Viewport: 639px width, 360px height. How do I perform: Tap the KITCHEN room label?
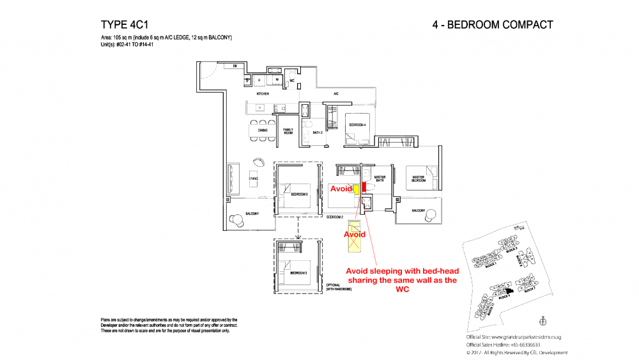[x=263, y=94]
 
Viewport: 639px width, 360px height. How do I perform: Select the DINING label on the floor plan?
[x=263, y=130]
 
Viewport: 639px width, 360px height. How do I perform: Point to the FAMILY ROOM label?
[x=288, y=131]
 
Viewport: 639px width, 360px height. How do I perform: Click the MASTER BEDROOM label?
[x=419, y=178]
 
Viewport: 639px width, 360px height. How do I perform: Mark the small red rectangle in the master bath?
[x=364, y=187]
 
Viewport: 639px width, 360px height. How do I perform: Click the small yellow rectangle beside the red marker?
[x=356, y=189]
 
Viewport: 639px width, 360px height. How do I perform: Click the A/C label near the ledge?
[x=335, y=95]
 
